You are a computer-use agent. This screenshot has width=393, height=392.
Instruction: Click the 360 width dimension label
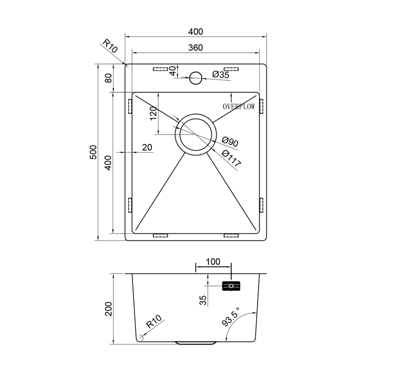195,47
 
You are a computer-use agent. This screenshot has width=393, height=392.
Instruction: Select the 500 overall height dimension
93,152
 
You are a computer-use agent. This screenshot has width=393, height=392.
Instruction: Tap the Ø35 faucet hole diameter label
221,74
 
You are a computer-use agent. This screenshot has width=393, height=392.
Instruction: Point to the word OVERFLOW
239,107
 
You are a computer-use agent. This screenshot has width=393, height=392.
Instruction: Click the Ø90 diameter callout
230,142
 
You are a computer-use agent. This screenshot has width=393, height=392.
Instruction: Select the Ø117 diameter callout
231,158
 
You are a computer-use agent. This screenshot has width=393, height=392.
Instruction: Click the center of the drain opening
195,135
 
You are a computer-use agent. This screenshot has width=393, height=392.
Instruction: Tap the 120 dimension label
153,113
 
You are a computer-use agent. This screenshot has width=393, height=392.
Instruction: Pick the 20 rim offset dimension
147,147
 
